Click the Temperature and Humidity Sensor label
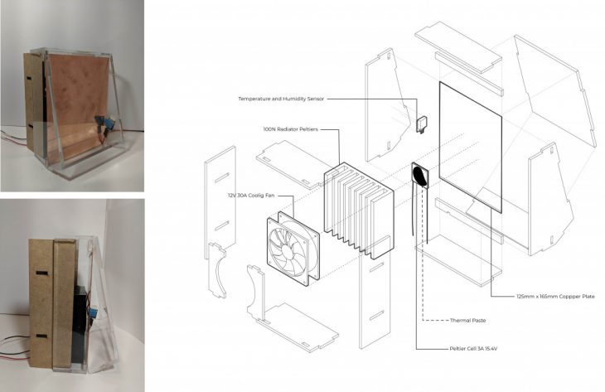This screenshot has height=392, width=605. [281, 99]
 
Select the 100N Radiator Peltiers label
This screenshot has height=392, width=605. [291, 129]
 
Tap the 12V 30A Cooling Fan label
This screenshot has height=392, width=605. [251, 196]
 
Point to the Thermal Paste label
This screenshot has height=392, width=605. [467, 320]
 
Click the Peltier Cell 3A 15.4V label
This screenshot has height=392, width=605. [473, 349]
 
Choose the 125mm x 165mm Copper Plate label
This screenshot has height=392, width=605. [555, 297]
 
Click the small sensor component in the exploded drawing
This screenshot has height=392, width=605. [423, 124]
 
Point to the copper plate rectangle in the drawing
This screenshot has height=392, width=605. [471, 147]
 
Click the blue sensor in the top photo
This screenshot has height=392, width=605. [109, 123]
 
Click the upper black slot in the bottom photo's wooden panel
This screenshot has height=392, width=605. [42, 273]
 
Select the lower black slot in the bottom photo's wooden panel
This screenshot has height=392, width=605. [42, 336]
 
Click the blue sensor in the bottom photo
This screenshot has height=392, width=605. [93, 312]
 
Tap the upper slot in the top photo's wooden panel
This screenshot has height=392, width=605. [30, 79]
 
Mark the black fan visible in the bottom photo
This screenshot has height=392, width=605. [79, 324]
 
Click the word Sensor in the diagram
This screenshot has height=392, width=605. [314, 99]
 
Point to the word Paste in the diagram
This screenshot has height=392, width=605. [478, 320]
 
